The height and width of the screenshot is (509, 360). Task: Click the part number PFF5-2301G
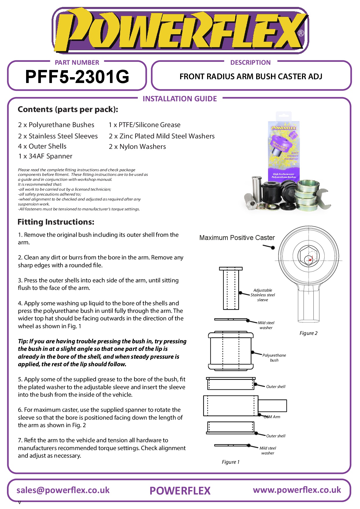pos(77,77)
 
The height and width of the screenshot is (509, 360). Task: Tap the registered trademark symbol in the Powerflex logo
pos(301,33)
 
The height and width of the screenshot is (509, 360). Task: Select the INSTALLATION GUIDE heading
pos(180,99)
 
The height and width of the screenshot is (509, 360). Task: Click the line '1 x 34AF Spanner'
pos(45,156)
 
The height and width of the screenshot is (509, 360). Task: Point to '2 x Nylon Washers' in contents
pos(137,147)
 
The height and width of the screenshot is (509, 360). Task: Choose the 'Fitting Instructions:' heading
pos(56,222)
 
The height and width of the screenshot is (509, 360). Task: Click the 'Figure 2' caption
pos(308,333)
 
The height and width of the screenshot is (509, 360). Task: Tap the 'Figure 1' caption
pos(231,462)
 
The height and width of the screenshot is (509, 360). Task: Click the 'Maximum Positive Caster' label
pos(237,238)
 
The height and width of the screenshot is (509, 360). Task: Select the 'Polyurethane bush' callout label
pos(274,358)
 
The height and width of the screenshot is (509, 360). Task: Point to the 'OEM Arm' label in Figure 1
pos(272,417)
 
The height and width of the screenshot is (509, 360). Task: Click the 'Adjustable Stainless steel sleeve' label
pos(263,295)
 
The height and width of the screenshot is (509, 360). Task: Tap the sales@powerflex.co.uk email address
pos(63,490)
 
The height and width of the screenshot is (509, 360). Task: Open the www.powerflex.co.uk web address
pos(297,490)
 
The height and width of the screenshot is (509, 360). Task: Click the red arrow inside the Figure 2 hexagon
pos(310,259)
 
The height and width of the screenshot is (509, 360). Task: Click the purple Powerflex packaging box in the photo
pos(283,148)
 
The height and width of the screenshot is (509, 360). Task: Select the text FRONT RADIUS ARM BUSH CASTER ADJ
pos(251,77)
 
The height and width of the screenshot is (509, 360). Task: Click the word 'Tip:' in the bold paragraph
pos(23,342)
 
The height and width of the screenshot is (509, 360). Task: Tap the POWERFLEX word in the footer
pos(180,491)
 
